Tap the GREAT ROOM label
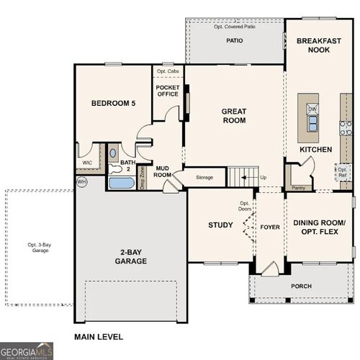[234, 116]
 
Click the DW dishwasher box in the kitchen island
[312, 109]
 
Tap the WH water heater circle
[81, 181]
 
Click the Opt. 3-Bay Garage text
[40, 248]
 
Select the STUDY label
[220, 225]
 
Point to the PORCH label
[301, 286]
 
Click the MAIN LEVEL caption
[99, 337]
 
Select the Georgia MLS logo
[27, 351]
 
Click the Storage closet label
[204, 177]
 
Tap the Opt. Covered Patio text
[235, 26]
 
